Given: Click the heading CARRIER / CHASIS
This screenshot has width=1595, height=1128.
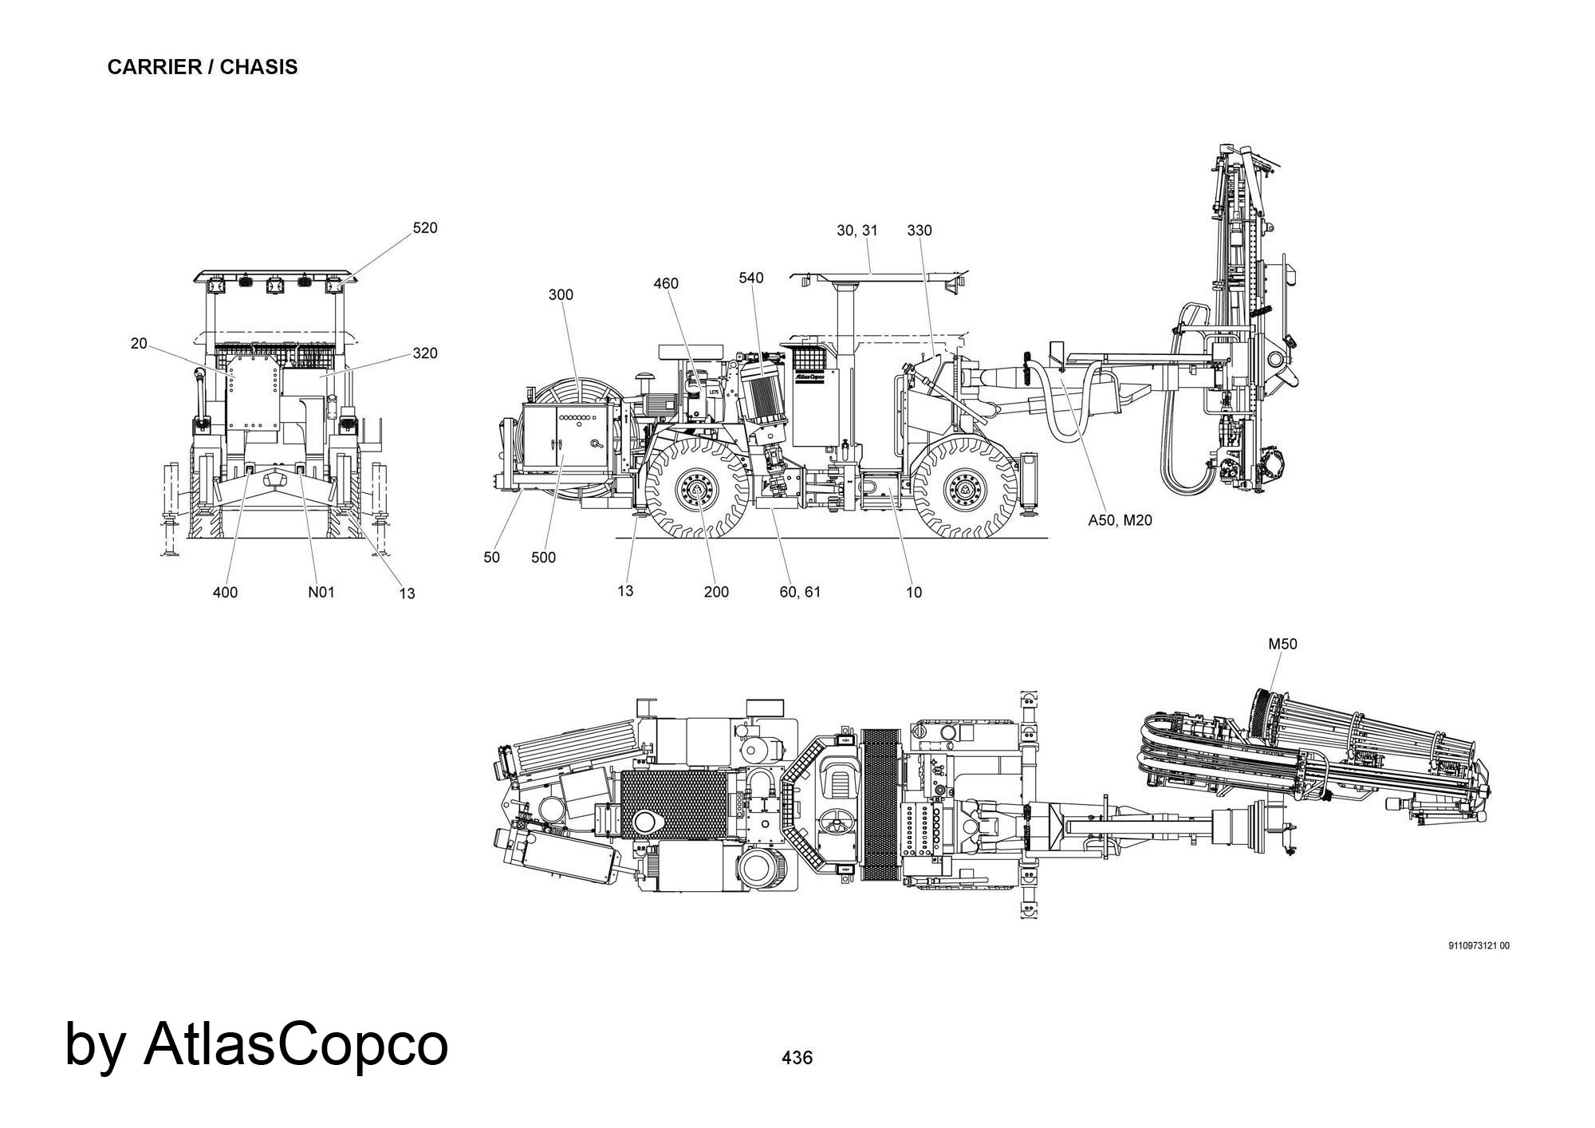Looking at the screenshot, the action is coord(203,67).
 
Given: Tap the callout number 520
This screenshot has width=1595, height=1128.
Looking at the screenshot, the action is coord(425,228).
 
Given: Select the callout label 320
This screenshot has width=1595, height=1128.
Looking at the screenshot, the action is coord(425,353).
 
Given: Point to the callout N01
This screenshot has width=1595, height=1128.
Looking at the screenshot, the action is coord(321,592).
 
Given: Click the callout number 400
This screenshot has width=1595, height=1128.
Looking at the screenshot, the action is coord(226,592).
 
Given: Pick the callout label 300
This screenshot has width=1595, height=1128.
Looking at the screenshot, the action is coord(561,294).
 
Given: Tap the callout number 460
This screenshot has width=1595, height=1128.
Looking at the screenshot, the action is coord(666,283).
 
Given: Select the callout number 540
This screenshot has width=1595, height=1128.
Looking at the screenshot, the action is coord(751,278).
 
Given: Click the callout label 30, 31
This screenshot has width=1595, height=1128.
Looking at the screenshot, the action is coord(857,231).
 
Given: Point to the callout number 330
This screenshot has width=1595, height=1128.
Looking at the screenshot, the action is coord(920,231).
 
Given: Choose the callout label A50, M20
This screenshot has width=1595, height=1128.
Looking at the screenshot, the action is coord(1120,520).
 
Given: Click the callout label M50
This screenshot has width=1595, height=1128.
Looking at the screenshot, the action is coord(1283,644).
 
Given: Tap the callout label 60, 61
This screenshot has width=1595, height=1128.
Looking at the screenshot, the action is coord(800,592).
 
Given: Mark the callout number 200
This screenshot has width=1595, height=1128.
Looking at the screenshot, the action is coord(717,592).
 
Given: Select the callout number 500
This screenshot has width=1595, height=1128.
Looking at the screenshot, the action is coord(544,558).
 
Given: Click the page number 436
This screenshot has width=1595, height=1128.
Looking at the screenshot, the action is coord(797,1058).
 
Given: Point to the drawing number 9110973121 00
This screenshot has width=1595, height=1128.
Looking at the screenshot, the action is coord(1479,946).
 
